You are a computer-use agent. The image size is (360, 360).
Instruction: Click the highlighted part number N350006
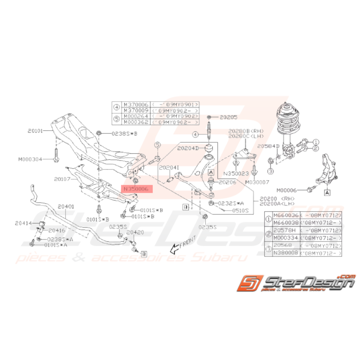tap(137, 189)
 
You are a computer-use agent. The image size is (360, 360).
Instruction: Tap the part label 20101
tap(37, 131)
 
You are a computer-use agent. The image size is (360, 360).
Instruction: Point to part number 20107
tap(62, 179)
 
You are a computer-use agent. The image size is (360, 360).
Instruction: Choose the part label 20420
tap(135, 233)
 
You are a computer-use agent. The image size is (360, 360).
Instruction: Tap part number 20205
tap(229, 116)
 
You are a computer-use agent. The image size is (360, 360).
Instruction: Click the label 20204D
tap(188, 148)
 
